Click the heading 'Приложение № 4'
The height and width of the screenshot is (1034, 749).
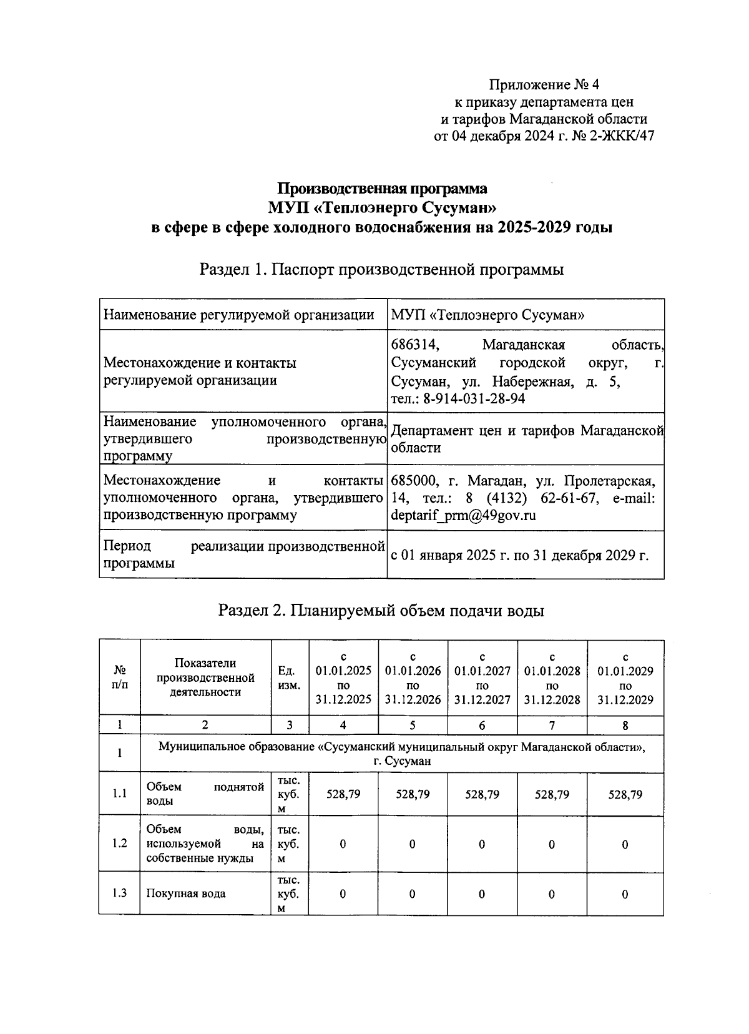pos(544,84)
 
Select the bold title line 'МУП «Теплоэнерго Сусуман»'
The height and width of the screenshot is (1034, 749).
pos(382,207)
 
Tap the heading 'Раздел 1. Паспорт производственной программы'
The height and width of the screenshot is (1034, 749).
pos(381,270)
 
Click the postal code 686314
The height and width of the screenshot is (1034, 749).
pos(415,345)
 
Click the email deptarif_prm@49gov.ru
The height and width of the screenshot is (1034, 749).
pos(463,516)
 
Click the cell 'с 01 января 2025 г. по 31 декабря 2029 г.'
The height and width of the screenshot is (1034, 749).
pos(519,555)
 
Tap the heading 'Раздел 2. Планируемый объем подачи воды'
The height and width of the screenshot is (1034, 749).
pos(381,611)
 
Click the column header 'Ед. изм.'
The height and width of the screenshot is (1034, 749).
pos(290,677)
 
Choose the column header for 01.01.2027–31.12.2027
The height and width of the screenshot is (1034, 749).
pos(482,677)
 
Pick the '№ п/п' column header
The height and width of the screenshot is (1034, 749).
pos(120,677)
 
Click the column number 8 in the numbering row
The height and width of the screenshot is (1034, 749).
pos(625,725)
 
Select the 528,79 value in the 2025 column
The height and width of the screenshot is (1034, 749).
pos(343,794)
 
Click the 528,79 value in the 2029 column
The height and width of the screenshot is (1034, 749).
pos(625,794)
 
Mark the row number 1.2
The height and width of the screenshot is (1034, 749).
pos(120,844)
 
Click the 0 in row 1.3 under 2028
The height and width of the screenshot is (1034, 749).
pos(552,894)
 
